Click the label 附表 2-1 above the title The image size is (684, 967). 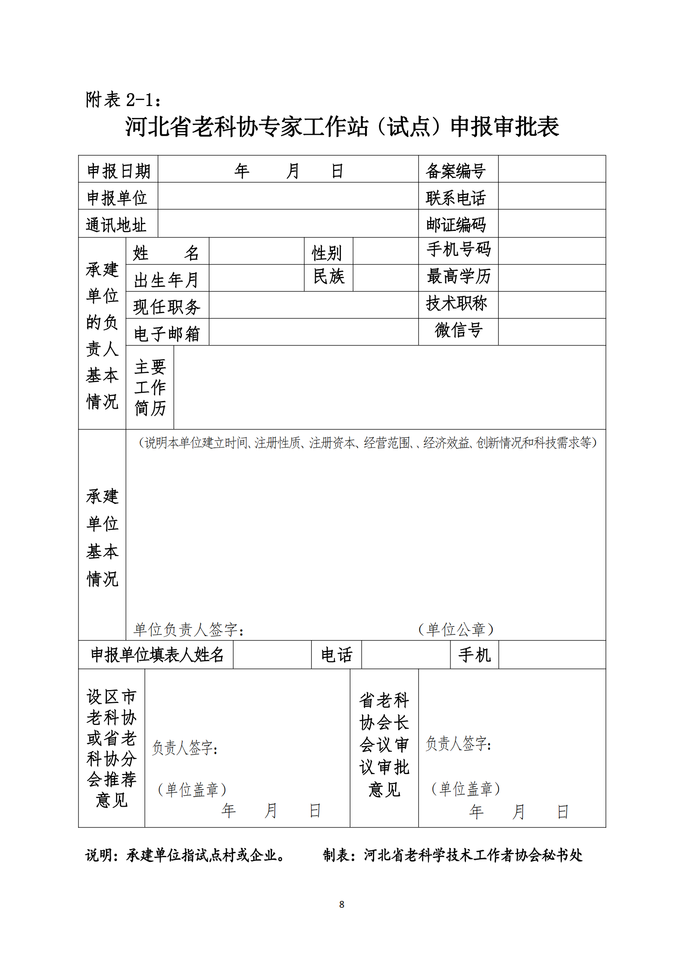[x=124, y=100]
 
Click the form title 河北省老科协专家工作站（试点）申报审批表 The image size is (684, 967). [x=342, y=127]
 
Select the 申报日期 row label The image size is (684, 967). [x=119, y=171]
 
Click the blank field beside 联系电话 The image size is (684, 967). [x=552, y=197]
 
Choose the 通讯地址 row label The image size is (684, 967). [x=116, y=224]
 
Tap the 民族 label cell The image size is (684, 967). [x=328, y=277]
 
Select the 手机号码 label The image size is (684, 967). [x=459, y=249]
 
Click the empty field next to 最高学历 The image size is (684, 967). [x=552, y=278]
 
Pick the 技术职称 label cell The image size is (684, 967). [x=457, y=304]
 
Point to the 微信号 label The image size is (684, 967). [x=459, y=330]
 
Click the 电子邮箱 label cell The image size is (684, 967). [x=167, y=333]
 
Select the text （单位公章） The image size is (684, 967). [x=456, y=629]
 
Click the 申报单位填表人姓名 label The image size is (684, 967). [x=157, y=654]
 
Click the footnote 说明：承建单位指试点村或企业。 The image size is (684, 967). [x=185, y=855]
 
